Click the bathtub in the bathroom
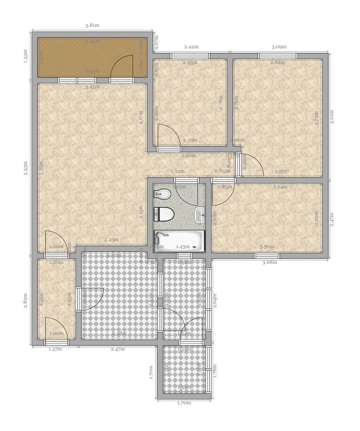[x=179, y=241]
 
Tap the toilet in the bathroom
[x=165, y=214]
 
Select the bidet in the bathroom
[x=162, y=194]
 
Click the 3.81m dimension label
[x=92, y=26]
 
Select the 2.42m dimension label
[x=191, y=47]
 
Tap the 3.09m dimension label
[x=279, y=47]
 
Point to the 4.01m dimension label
[x=332, y=117]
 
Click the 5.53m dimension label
[x=26, y=168]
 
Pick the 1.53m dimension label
[x=26, y=56]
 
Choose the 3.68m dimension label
[x=269, y=262]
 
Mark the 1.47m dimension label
[x=55, y=349]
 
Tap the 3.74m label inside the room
[x=316, y=118]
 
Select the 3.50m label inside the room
[x=267, y=246]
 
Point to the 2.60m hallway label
[x=188, y=156]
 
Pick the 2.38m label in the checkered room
[x=119, y=333]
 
